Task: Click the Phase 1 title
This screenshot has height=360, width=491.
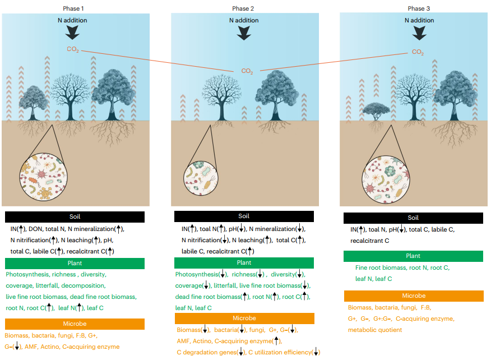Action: [75, 8]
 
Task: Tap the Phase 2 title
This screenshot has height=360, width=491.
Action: [244, 8]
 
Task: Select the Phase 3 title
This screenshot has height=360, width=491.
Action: [416, 8]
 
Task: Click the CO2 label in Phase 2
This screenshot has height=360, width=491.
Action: [247, 71]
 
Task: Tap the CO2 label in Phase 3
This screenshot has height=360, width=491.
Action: [418, 52]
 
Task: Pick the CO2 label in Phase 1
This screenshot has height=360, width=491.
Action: [73, 49]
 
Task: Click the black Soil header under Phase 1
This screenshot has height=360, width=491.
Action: [75, 216]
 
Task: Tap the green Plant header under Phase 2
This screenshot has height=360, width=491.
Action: [244, 262]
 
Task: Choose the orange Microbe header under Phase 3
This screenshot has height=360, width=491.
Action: [414, 296]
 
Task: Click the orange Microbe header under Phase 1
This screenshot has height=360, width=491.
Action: [75, 324]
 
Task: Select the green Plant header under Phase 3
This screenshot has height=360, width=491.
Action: [413, 256]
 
